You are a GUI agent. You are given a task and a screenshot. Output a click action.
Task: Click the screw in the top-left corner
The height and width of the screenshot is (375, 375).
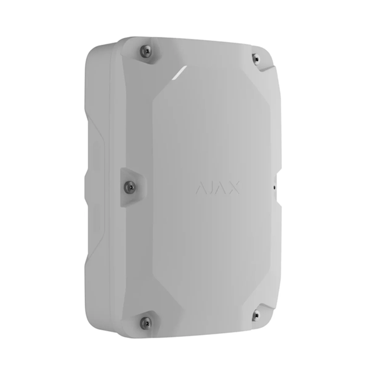coord(146,51)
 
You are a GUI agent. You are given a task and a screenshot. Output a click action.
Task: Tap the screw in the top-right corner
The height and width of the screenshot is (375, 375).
coord(256,59)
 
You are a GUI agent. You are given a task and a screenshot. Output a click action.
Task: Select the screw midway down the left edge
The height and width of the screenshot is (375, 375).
coord(130,187)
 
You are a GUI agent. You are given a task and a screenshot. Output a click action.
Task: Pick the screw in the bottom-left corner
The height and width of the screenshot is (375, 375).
coord(146,323)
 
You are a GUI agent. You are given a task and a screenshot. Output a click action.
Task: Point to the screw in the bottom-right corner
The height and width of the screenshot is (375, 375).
coord(256,315)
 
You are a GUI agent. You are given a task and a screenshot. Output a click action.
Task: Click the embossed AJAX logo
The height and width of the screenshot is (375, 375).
coord(217,187)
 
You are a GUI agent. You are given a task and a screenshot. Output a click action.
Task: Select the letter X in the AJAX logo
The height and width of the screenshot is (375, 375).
coord(234,187)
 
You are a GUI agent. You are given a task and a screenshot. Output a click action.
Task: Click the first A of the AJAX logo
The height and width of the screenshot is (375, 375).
coord(201,188)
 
